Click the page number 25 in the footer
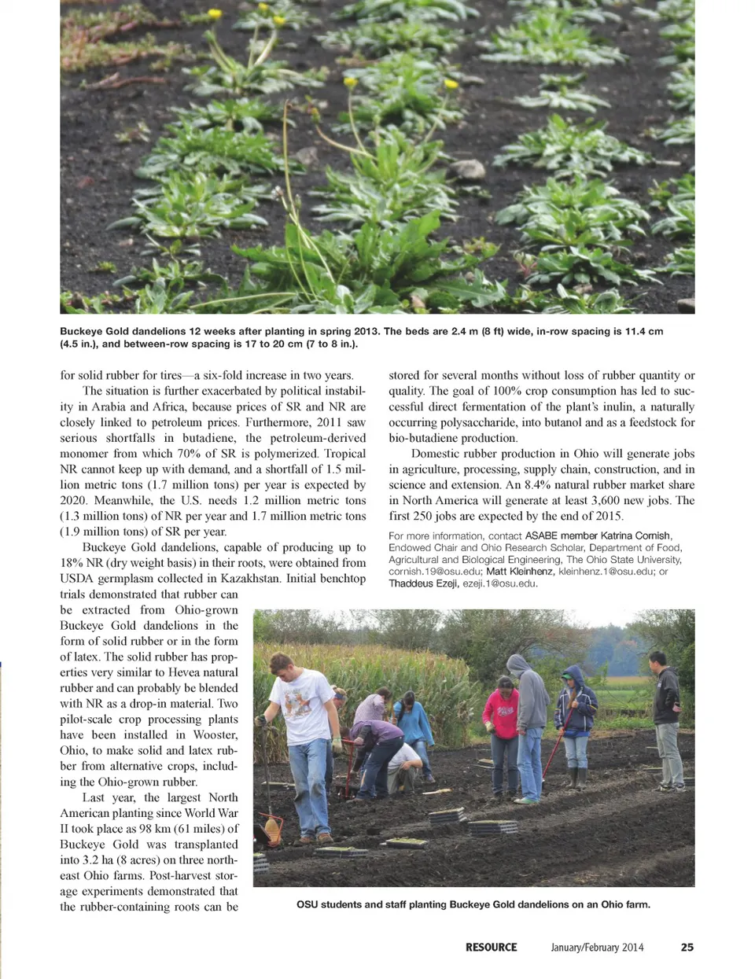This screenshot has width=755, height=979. (687, 948)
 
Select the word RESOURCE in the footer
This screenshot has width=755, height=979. (491, 948)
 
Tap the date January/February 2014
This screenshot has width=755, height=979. (597, 948)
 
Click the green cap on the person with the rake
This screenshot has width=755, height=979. (567, 675)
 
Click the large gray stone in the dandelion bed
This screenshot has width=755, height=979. (466, 169)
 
